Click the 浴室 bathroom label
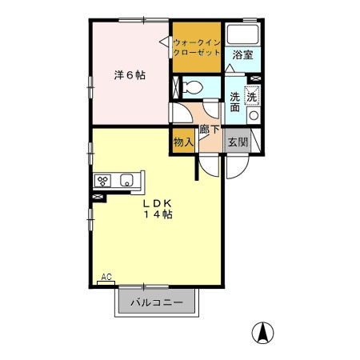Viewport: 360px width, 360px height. click(x=243, y=55)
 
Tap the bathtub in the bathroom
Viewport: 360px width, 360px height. click(x=243, y=35)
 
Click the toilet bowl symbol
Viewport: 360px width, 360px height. click(x=193, y=86)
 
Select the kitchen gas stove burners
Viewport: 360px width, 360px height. click(x=103, y=180)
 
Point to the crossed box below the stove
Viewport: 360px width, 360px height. click(x=101, y=194)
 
